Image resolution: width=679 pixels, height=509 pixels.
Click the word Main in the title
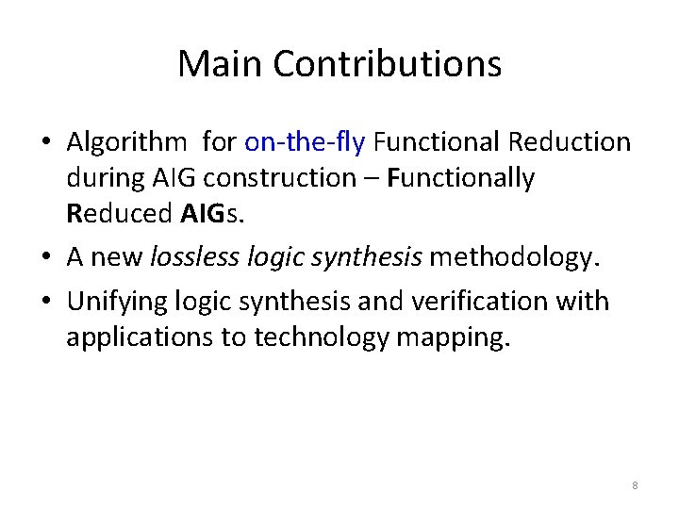coord(219,64)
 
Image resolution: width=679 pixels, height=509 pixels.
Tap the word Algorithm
coord(127,143)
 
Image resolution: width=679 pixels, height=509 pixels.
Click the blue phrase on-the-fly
coord(305,142)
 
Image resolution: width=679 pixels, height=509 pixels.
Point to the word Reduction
coord(569,142)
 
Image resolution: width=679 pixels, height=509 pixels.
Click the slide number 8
coord(635,485)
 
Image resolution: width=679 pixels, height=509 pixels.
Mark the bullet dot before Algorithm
coord(45,144)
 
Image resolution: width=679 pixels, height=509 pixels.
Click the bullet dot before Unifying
coord(45,303)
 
